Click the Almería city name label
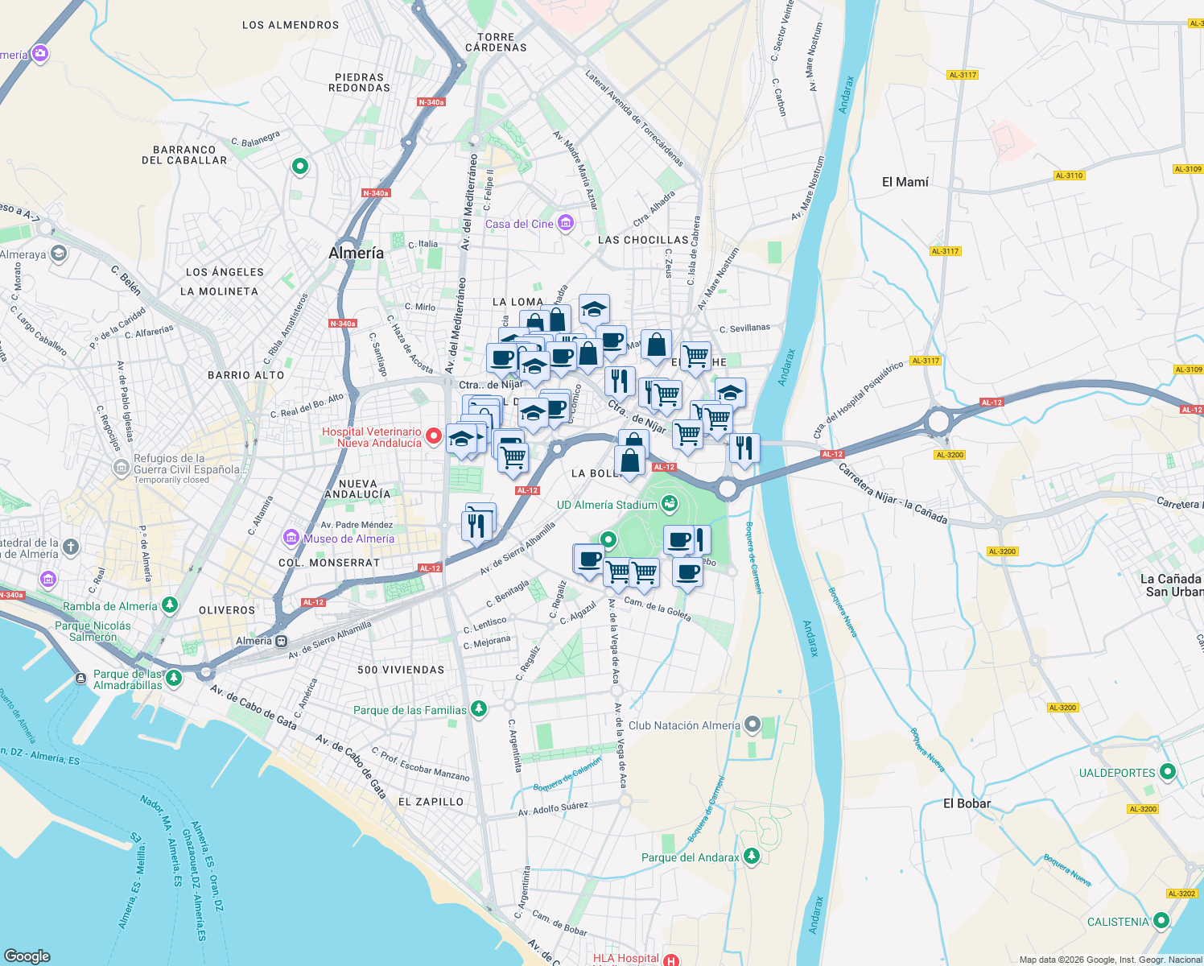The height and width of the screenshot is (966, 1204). (x=356, y=253)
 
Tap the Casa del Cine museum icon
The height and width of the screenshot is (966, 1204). (x=566, y=223)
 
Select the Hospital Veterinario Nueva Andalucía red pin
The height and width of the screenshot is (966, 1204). (x=434, y=436)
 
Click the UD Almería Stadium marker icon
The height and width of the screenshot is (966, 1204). (x=669, y=505)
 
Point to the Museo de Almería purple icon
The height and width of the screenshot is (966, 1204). (x=291, y=538)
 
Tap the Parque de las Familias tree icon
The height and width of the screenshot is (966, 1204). (x=479, y=709)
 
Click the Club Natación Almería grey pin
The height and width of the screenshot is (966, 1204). (x=752, y=724)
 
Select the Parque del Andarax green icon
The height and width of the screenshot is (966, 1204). (x=751, y=857)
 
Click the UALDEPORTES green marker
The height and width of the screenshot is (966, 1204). (x=1168, y=772)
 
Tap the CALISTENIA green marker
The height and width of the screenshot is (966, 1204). (x=1161, y=921)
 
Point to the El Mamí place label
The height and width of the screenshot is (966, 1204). (x=905, y=182)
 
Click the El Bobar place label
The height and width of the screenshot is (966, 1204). (x=967, y=803)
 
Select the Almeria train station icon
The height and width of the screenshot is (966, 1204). (x=282, y=641)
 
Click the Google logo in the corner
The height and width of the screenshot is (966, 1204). (x=27, y=956)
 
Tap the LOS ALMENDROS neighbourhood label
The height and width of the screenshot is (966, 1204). (x=291, y=25)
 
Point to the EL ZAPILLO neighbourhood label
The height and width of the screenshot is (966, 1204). (x=431, y=802)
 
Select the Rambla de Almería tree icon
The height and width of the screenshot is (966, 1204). (x=169, y=605)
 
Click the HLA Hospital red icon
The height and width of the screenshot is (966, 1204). (x=671, y=960)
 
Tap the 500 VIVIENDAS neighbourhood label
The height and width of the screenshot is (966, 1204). (x=401, y=670)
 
